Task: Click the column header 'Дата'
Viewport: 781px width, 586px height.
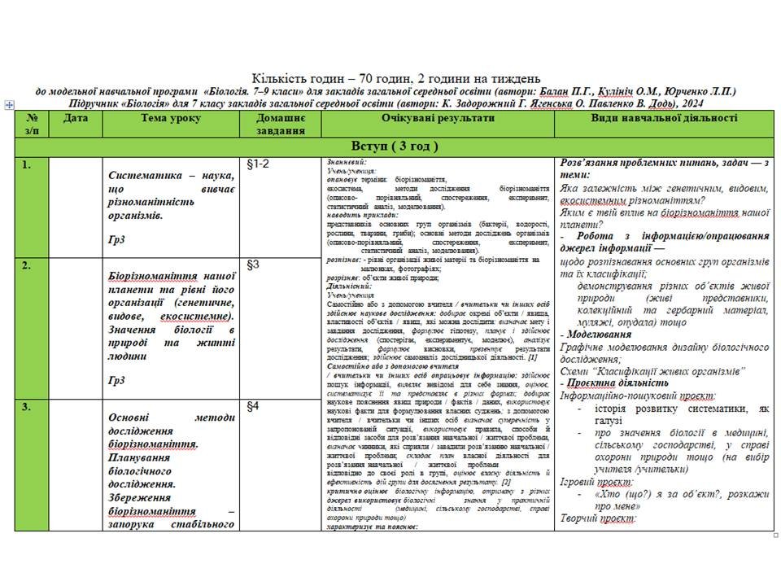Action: pyautogui.click(x=76, y=119)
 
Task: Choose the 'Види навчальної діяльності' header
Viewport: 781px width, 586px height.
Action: pyautogui.click(x=664, y=119)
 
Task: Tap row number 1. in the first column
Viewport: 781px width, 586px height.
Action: pyautogui.click(x=27, y=165)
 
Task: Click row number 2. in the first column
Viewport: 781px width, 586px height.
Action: pyautogui.click(x=27, y=265)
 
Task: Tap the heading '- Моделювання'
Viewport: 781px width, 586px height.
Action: pyautogui.click(x=596, y=335)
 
